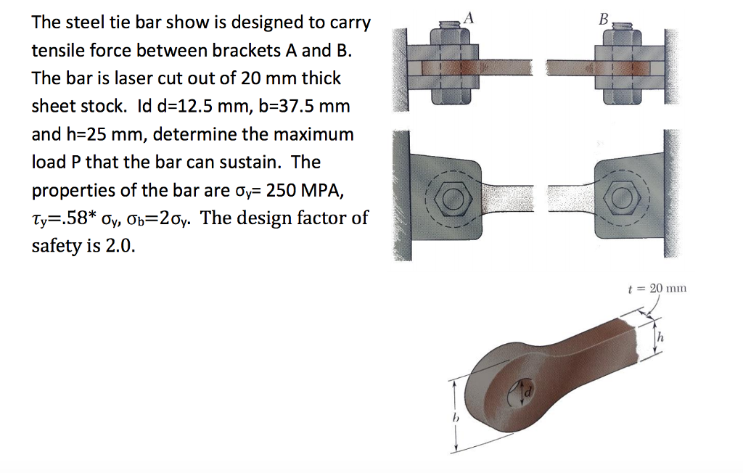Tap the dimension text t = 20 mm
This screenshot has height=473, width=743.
[656, 288]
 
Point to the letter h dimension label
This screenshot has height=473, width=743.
[662, 337]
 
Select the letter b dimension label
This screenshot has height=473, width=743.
[455, 418]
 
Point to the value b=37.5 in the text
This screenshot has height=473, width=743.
[299, 106]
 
